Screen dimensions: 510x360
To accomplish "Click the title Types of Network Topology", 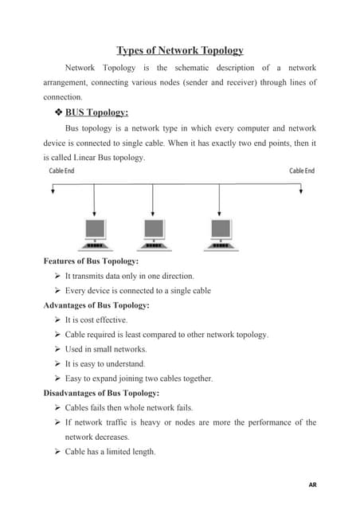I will pyautogui.click(x=179, y=51).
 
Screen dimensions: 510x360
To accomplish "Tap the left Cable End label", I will pyautogui.click(x=62, y=171).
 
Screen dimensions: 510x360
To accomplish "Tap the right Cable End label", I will pyautogui.click(x=302, y=171).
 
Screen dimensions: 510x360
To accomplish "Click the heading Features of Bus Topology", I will pyautogui.click(x=92, y=261).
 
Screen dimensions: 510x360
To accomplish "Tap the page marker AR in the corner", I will pyautogui.click(x=311, y=484).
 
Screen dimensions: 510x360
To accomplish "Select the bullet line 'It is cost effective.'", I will pyautogui.click(x=96, y=320).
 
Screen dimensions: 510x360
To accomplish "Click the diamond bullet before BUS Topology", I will pyautogui.click(x=57, y=112).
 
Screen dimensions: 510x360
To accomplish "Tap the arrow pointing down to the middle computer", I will pyautogui.click(x=155, y=204).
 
